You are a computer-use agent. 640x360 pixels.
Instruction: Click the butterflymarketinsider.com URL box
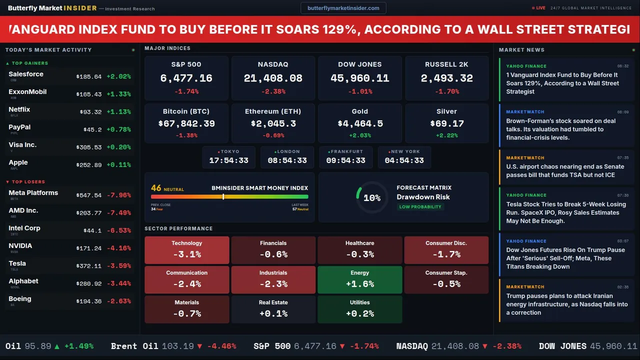point(343,8)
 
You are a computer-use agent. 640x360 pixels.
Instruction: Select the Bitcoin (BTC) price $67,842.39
point(186,123)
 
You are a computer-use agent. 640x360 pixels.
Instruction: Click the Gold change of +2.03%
point(359,135)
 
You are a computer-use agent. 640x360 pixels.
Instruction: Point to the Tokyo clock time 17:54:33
point(228,160)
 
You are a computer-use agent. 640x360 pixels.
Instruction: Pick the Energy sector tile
point(359,279)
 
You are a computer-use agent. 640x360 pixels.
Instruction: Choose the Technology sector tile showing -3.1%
point(186,250)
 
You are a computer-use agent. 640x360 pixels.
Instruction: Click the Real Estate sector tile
point(273,309)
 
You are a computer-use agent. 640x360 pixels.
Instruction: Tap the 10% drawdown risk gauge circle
point(371,197)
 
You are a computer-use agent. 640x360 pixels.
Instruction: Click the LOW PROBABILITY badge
point(420,207)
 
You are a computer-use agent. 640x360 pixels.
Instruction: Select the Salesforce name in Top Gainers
point(26,74)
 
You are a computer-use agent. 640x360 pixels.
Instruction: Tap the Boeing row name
point(20,299)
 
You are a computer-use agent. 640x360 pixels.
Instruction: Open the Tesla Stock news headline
point(566,212)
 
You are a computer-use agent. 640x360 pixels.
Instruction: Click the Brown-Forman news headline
point(561,129)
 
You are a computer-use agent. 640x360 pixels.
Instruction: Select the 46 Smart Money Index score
point(156,188)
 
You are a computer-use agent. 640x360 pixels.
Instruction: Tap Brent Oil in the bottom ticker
point(134,346)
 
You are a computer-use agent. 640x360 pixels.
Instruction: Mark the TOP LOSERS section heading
point(28,182)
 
